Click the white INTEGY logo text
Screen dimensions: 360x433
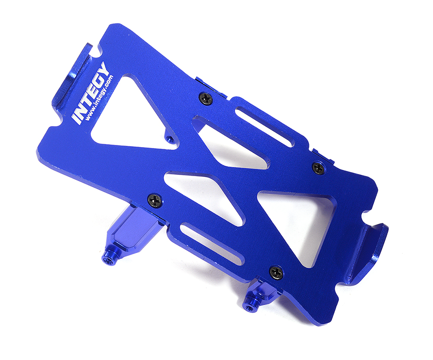point(89,93)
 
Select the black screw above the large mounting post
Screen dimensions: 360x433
point(155,200)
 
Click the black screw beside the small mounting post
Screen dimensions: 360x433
point(276,272)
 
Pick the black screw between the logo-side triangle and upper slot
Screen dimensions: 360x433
point(206,98)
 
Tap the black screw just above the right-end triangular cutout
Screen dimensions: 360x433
point(318,167)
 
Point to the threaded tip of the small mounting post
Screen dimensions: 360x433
point(250,307)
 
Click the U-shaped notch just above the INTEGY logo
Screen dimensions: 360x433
point(97,51)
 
